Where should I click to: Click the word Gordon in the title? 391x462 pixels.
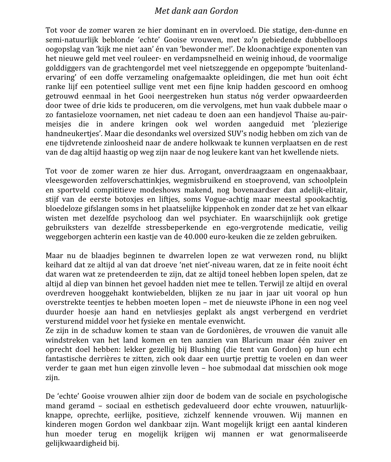pyautogui.click(x=224, y=11)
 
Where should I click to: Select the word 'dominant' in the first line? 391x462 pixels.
pyautogui.click(x=180, y=31)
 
